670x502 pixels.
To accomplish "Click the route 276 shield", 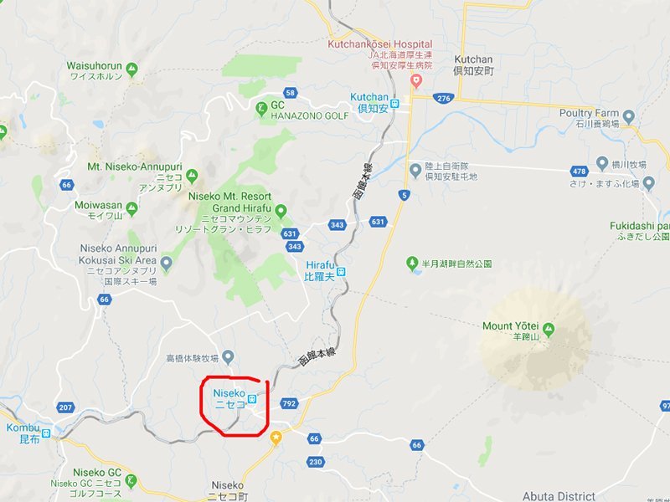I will (442, 98).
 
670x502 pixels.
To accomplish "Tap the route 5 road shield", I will (405, 196).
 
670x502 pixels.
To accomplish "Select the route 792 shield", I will (290, 404).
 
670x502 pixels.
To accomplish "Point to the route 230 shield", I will (315, 462).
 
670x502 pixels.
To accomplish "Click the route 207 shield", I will (66, 407).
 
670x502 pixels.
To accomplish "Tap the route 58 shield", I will (291, 93).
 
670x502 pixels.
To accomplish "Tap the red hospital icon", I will (415, 80).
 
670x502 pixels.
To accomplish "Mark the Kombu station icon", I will (46, 433).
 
